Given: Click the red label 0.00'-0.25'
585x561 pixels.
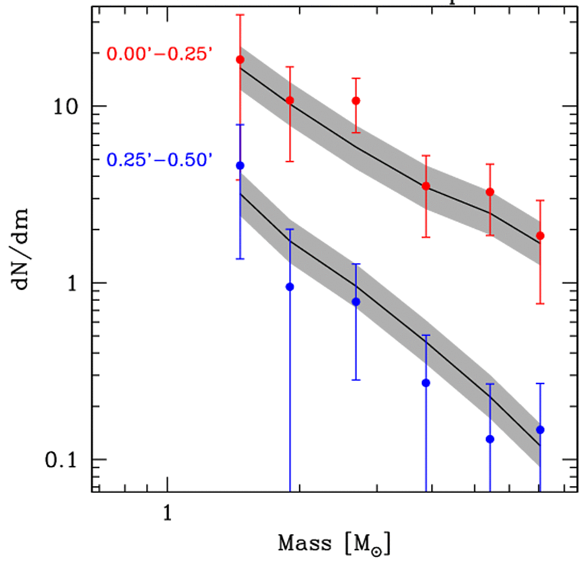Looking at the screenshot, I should point(160,54).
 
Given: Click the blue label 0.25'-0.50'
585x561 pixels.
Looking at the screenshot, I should point(160,160).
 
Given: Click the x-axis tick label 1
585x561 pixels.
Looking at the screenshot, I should point(167,512).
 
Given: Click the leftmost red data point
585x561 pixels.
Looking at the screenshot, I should point(240,60).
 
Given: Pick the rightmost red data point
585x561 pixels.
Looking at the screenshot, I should point(541,236).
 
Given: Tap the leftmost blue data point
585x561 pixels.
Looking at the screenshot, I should point(240,165).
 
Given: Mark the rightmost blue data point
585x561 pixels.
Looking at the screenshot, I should point(541,429).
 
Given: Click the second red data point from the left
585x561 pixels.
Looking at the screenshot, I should point(290,100).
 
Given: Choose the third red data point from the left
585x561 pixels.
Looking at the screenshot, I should point(357,100).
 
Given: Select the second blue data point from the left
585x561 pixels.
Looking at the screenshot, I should point(290,287).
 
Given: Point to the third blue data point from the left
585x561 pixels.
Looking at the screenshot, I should point(357,302).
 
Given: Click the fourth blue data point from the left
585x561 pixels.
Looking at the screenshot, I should point(426,383).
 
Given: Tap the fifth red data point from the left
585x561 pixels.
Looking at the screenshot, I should point(490,192).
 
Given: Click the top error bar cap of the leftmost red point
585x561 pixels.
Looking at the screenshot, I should point(240,14).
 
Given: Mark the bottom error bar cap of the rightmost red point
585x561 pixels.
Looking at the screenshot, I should point(541,304).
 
